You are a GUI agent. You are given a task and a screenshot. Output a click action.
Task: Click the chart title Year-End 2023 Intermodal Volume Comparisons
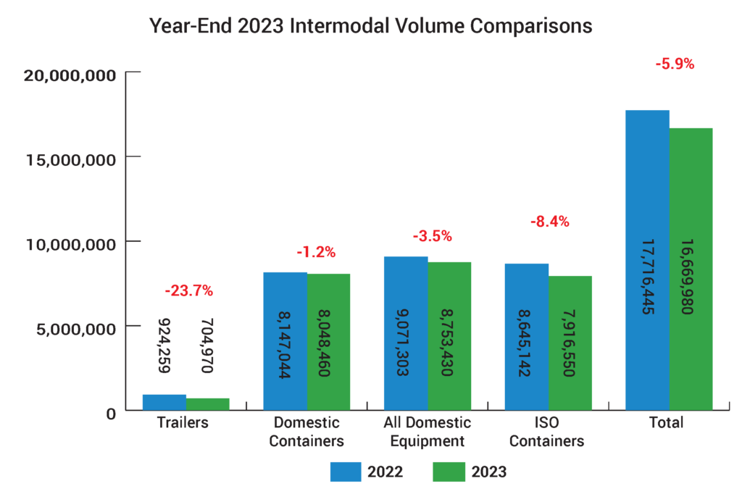tap(370, 27)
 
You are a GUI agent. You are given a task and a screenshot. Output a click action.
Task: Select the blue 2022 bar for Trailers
tap(164, 403)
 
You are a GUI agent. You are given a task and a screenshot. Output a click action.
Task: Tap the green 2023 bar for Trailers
tap(208, 404)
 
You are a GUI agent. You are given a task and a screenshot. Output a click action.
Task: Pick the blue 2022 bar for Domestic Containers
tap(285, 340)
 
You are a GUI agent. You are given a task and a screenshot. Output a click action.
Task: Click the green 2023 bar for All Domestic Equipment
tap(449, 336)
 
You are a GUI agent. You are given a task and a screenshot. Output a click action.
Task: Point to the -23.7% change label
tap(188, 291)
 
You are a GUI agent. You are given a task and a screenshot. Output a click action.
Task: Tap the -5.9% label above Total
tap(675, 64)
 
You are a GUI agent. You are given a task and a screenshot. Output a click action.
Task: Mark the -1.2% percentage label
tap(316, 253)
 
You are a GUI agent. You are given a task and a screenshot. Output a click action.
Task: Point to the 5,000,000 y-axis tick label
tap(70, 328)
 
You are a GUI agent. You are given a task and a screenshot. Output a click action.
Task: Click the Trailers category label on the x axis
tap(183, 422)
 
